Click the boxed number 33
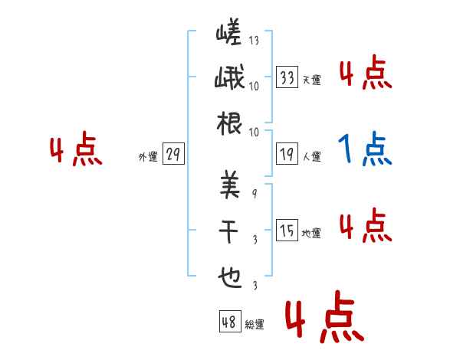pos(287,77)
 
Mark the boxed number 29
pos(173,155)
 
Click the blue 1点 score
pos(366,149)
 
